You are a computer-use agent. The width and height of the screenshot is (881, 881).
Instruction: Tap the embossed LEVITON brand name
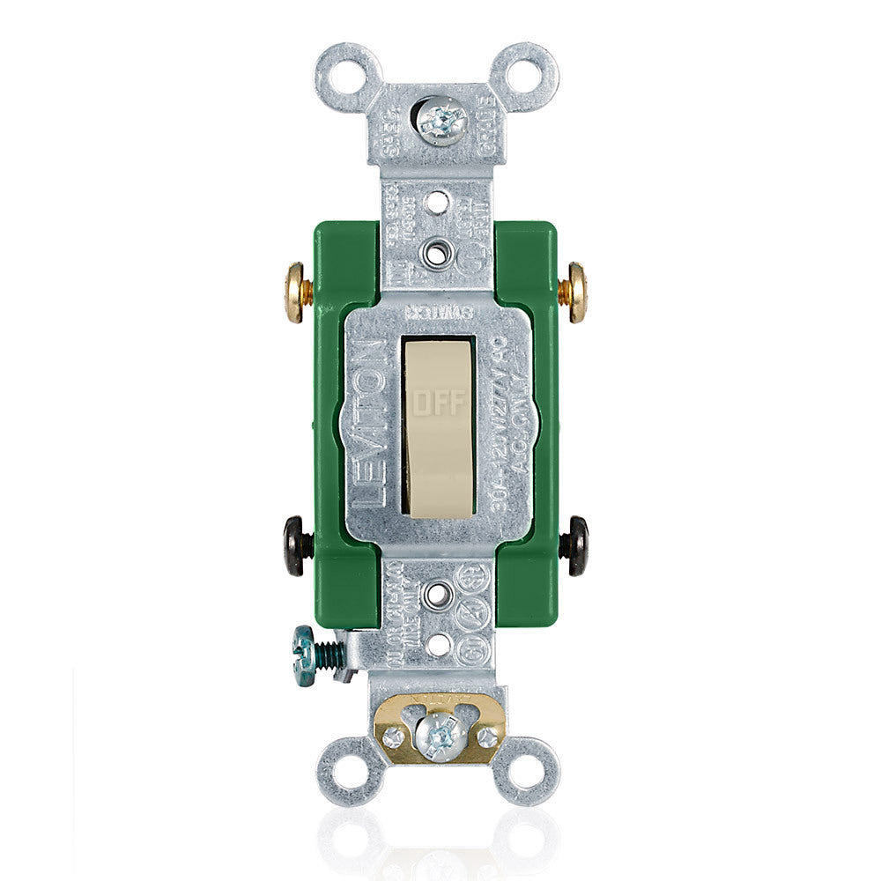click(374, 423)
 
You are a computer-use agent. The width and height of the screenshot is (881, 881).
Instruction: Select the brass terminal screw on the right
click(577, 292)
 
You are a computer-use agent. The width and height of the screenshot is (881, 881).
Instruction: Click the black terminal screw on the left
click(297, 546)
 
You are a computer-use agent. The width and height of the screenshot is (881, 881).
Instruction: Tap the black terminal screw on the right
click(577, 546)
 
